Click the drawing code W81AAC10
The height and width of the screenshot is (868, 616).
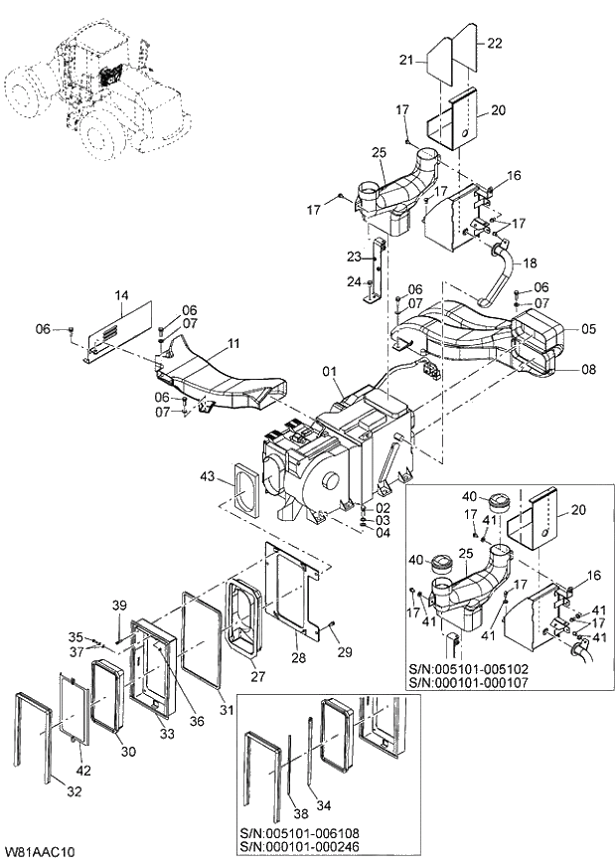pos(41,853)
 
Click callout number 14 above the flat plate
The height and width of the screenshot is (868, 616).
pos(122,296)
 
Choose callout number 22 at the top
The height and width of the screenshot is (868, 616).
pos(495,42)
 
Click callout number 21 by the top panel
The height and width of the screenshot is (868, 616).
pos(405,62)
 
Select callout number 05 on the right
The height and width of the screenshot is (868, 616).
pos(588,329)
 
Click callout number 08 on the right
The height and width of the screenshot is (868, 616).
pos(588,370)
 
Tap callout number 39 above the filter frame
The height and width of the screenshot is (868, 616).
pos(118,606)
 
